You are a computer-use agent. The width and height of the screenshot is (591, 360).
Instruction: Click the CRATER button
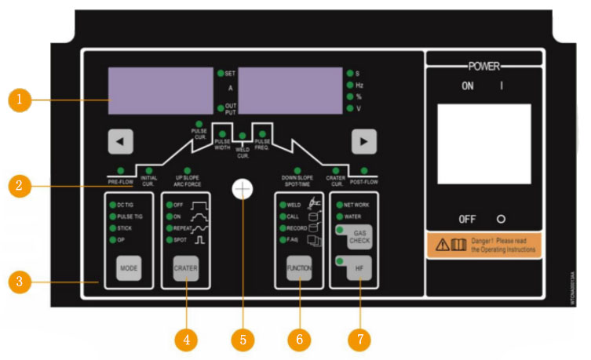185,267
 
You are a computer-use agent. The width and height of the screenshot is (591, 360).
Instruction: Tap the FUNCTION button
299,267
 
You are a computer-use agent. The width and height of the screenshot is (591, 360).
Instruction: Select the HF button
359,267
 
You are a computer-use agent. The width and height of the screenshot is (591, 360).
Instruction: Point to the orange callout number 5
243,339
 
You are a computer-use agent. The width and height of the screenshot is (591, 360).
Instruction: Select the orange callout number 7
359,339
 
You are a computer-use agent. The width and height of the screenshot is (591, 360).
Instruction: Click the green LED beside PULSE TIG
111,216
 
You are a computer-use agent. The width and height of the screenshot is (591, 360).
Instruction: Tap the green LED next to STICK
111,227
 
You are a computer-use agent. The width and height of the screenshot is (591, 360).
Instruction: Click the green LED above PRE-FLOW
119,170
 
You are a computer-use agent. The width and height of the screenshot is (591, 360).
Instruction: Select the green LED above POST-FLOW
363,170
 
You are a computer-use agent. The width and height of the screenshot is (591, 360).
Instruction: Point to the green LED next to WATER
338,215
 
